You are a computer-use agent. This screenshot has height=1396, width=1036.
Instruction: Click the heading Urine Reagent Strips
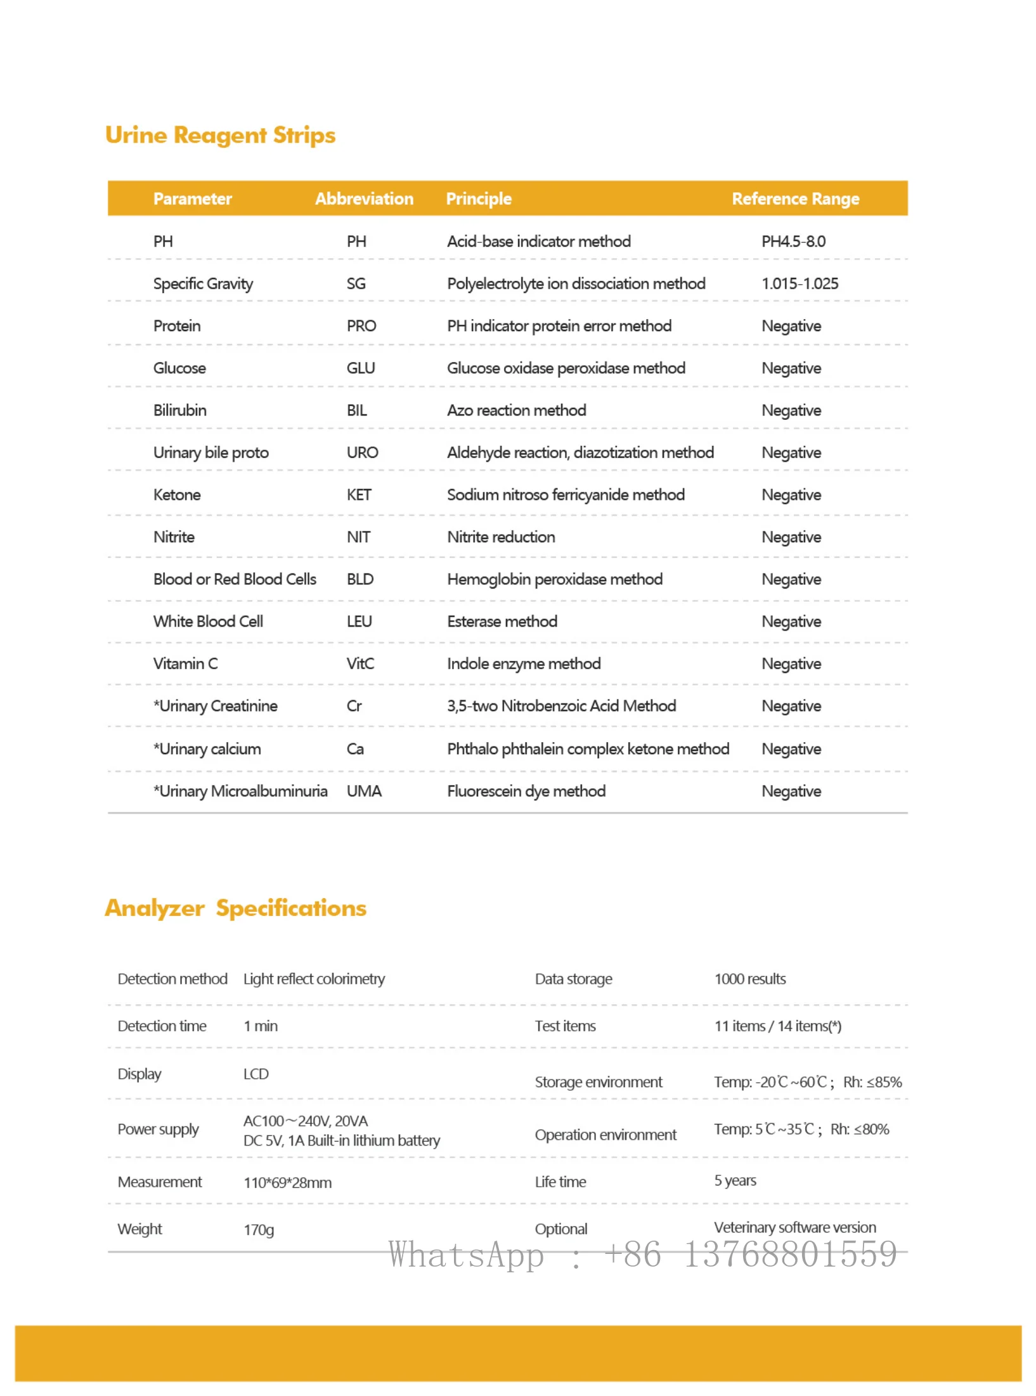coord(220,135)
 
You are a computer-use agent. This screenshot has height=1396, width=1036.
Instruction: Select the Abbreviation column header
coord(364,199)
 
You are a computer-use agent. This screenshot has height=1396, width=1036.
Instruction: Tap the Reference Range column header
coord(795,199)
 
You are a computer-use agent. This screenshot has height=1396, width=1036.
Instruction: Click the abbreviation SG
coord(356,284)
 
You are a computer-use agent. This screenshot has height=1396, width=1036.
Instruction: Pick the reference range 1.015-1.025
coord(800,284)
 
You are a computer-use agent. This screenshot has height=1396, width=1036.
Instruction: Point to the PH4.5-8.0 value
coord(793,241)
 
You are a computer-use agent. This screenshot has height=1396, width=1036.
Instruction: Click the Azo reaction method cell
coord(516,410)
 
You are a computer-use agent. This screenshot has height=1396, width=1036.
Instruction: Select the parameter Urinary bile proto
coord(210,452)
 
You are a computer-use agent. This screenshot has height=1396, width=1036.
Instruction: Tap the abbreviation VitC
coord(360,663)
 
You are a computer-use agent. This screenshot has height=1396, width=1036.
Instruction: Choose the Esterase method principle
coord(502,622)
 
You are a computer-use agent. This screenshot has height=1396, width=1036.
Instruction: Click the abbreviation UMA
coord(364,791)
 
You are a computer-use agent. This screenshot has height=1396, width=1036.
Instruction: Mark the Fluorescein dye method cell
coord(526,791)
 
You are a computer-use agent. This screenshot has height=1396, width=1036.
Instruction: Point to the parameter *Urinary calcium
coord(207,749)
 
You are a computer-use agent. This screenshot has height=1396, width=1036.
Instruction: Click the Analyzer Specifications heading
coord(235,908)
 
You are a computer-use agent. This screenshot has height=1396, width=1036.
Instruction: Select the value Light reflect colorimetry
coord(314,979)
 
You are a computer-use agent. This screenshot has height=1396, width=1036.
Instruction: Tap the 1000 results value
coord(750,979)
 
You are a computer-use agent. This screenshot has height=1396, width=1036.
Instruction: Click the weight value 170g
coord(259,1230)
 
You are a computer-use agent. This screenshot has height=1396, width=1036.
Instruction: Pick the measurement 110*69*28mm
coord(287,1182)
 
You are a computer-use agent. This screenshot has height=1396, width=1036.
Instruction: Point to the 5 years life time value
coord(735,1180)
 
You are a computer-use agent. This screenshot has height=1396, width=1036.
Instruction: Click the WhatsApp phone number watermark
coord(642,1254)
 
